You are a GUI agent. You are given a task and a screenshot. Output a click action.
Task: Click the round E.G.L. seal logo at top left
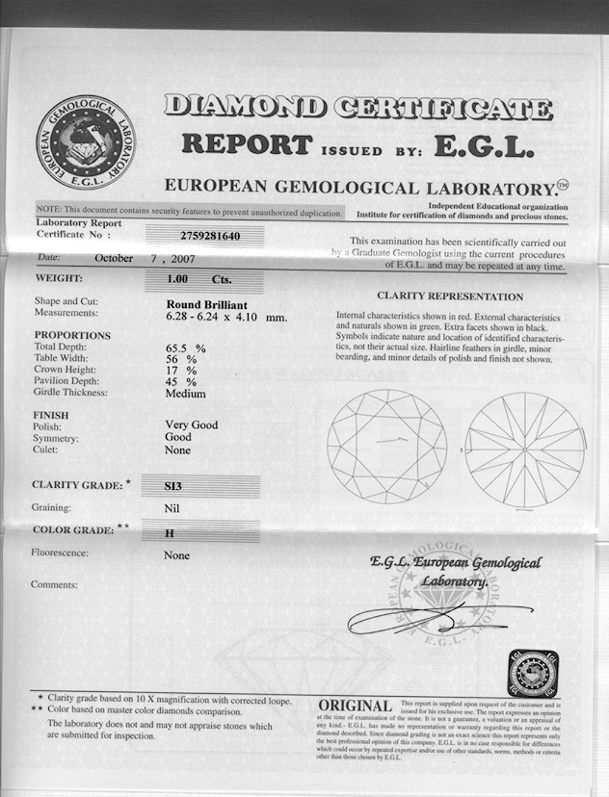point(85,142)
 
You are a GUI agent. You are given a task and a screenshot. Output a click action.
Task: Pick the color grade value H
point(170,530)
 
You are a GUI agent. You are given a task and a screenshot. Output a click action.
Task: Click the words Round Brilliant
point(206,304)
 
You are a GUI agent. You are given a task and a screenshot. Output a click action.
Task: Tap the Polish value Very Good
point(192,424)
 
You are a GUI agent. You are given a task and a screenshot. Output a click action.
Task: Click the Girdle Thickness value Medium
point(185,393)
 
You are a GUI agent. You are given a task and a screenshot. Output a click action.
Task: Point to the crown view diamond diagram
point(386,447)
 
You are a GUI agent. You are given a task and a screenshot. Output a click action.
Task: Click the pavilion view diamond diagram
point(524,449)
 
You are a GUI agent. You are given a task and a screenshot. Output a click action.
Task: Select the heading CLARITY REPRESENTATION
point(450,296)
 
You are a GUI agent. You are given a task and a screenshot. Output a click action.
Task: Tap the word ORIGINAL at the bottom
point(355,707)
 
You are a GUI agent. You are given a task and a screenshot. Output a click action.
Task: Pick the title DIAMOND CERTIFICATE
point(357,108)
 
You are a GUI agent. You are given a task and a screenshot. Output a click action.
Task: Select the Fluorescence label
point(60,553)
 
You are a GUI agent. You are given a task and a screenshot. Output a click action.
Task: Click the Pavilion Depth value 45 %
point(181,381)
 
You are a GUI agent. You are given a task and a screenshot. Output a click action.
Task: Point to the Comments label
point(54,584)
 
